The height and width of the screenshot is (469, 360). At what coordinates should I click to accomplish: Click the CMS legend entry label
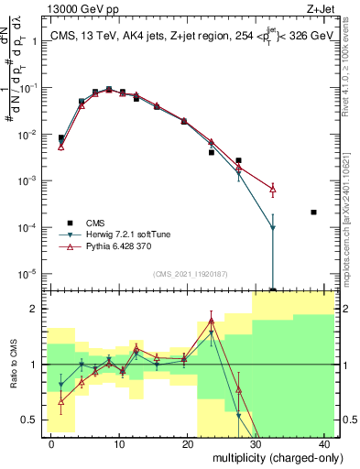96,223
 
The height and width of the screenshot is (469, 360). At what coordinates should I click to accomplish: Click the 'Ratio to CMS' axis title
13,365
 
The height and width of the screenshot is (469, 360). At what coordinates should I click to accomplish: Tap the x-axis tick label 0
51,442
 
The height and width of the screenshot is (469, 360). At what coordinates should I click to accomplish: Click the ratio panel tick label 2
35,309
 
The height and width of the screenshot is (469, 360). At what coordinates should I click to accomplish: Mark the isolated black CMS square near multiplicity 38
313,213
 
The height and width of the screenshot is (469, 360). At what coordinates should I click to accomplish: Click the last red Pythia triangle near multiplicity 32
272,189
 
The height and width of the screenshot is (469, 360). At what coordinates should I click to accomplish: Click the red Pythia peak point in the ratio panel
211,320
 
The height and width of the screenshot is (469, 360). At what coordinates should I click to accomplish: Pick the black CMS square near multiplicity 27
238,160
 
